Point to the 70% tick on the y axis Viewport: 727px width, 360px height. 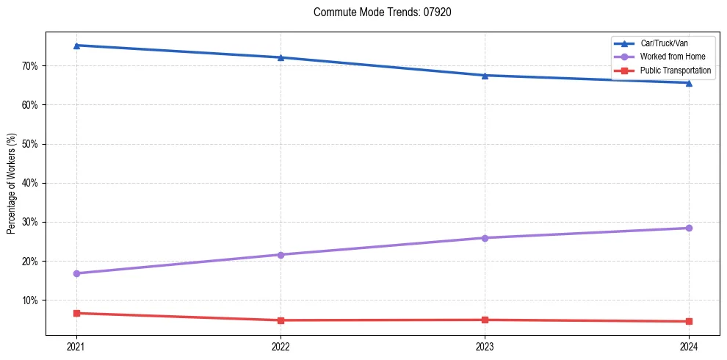tap(30, 66)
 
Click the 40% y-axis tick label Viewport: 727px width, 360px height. tap(30, 183)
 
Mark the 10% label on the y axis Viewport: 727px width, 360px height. tap(30, 300)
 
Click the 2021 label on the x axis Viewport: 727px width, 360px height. tap(76, 346)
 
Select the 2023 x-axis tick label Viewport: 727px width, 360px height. tap(485, 346)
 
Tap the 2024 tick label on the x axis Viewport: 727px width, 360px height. tap(689, 346)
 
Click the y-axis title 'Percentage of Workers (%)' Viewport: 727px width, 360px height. tap(12, 184)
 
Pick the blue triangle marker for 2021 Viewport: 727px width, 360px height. tap(76, 46)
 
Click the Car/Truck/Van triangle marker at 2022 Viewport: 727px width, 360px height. tap(281, 57)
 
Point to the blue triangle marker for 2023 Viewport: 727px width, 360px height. tap(485, 75)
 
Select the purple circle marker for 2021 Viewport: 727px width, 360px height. tap(76, 273)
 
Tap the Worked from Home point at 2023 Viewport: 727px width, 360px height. tap(485, 238)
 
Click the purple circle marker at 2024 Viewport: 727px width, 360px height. tap(689, 228)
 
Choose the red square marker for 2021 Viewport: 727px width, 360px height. tap(76, 313)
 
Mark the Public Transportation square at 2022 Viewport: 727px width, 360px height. tap(281, 320)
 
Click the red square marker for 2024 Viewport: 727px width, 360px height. tap(689, 321)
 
